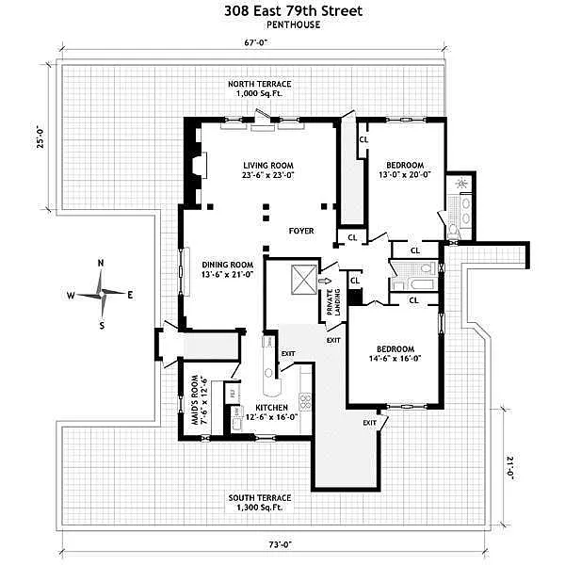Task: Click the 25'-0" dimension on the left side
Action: click(x=40, y=138)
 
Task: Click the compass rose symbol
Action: click(x=102, y=295)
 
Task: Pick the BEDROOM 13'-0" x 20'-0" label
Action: click(x=406, y=169)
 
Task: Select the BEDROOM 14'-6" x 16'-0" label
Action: click(x=393, y=351)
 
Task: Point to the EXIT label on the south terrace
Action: click(x=369, y=423)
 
